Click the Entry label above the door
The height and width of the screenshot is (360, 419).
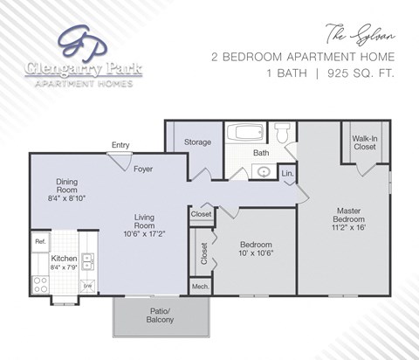pyautogui.click(x=120, y=145)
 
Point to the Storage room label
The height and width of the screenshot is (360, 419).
pyautogui.click(x=196, y=142)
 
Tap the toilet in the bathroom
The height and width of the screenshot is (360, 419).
pyautogui.click(x=282, y=134)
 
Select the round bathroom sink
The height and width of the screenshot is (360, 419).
pyautogui.click(x=263, y=172)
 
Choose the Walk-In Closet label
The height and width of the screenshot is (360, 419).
pyautogui.click(x=365, y=142)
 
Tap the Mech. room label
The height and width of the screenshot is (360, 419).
pyautogui.click(x=200, y=286)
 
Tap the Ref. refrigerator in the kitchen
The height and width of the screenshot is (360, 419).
pyautogui.click(x=40, y=240)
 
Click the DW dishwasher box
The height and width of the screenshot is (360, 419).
pyautogui.click(x=87, y=286)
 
